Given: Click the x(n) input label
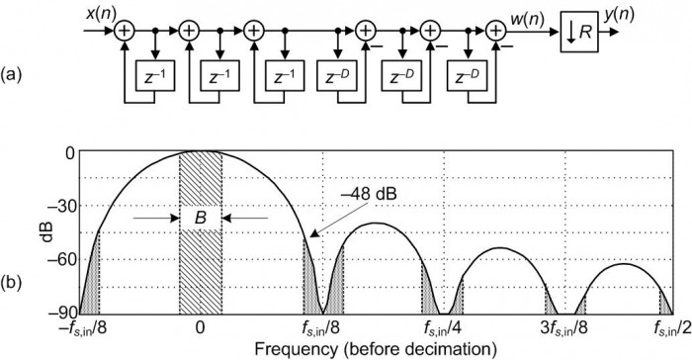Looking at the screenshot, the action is coord(99,14).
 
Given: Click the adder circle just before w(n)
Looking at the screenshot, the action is coord(494,32).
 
